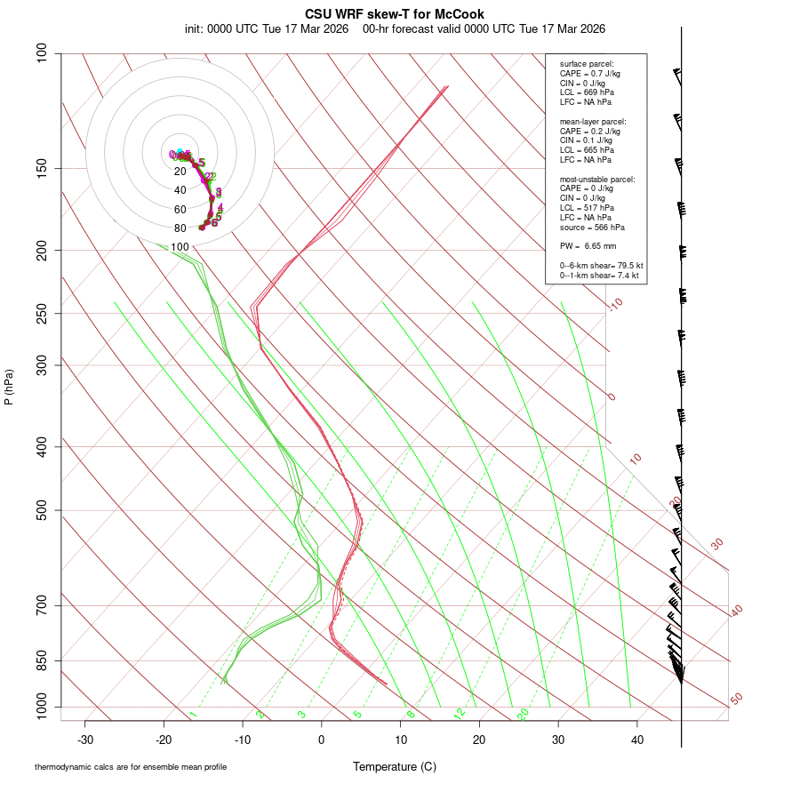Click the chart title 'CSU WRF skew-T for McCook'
[395, 14]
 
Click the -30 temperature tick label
[85, 740]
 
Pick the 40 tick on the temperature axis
[637, 740]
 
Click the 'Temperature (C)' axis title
[395, 766]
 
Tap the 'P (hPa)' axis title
[9, 388]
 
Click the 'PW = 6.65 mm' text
[588, 245]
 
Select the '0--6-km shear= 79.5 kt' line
[601, 266]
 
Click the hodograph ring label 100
[180, 247]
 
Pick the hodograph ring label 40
[180, 190]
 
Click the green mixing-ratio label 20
[524, 714]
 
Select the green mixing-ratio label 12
[460, 714]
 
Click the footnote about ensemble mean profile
[131, 766]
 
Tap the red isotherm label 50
[736, 700]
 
